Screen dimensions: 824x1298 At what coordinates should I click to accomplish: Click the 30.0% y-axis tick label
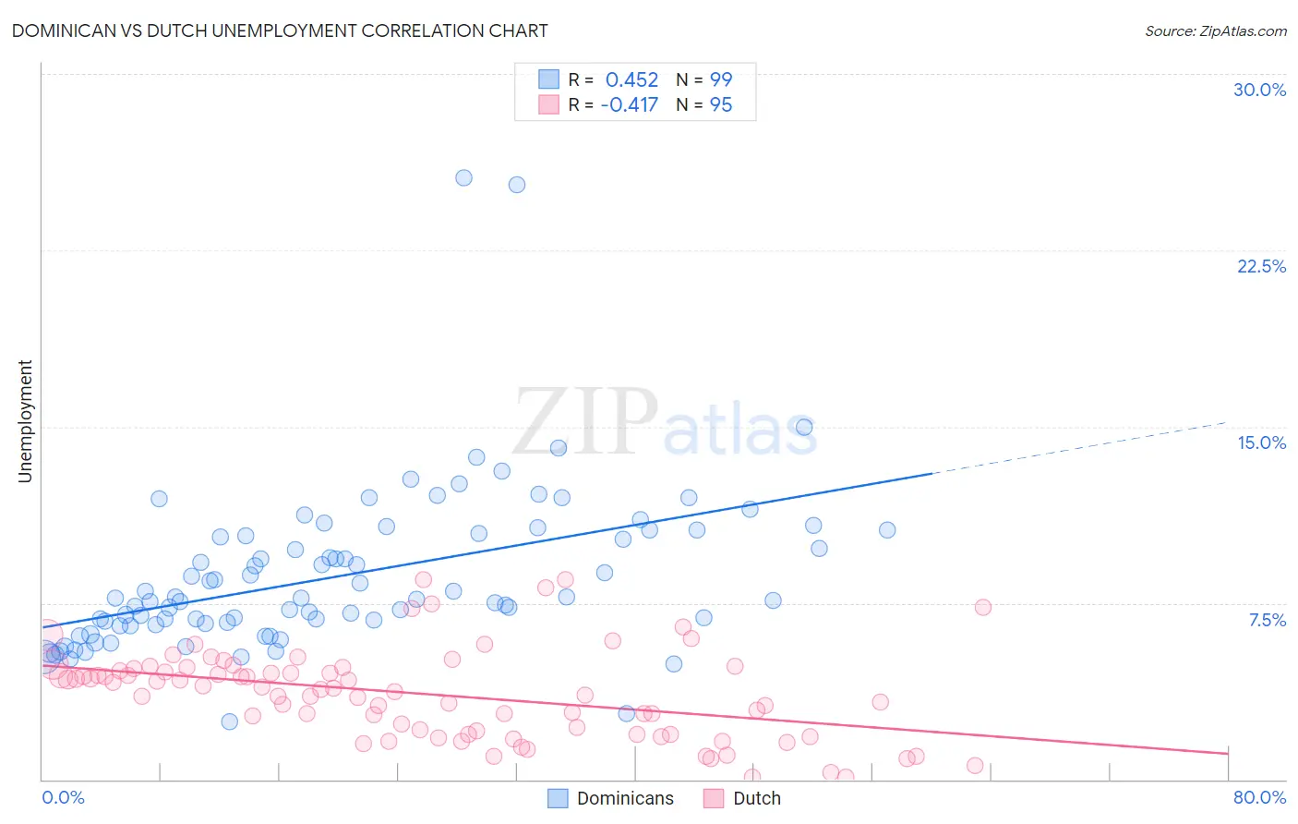(x=1259, y=90)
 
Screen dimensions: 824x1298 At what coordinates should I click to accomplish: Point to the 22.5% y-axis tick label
(x=1261, y=266)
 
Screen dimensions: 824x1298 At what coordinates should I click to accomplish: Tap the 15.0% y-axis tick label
(x=1261, y=442)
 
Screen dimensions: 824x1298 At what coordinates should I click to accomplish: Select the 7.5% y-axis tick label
(x=1267, y=620)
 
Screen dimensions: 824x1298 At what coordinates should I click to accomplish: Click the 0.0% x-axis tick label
(x=63, y=797)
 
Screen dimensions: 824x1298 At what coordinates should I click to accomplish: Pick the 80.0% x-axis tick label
(x=1259, y=797)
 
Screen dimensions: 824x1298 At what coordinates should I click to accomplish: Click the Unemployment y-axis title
(x=25, y=421)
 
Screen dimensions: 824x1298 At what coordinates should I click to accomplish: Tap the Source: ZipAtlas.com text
(x=1215, y=30)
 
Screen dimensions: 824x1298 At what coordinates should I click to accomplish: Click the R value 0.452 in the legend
(x=631, y=79)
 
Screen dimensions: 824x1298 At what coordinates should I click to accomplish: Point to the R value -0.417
(x=629, y=104)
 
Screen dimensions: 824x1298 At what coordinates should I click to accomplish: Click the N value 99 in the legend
(x=720, y=79)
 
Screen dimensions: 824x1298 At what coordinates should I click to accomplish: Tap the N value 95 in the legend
(x=720, y=104)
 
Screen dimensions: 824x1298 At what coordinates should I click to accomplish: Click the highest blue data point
(x=463, y=177)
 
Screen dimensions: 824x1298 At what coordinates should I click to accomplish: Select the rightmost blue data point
(x=887, y=529)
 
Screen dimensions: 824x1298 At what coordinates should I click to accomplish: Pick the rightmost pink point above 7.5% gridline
(x=982, y=607)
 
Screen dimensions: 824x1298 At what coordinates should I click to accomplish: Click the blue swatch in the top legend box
(x=548, y=79)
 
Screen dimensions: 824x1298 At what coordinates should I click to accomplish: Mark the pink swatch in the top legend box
(x=548, y=104)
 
